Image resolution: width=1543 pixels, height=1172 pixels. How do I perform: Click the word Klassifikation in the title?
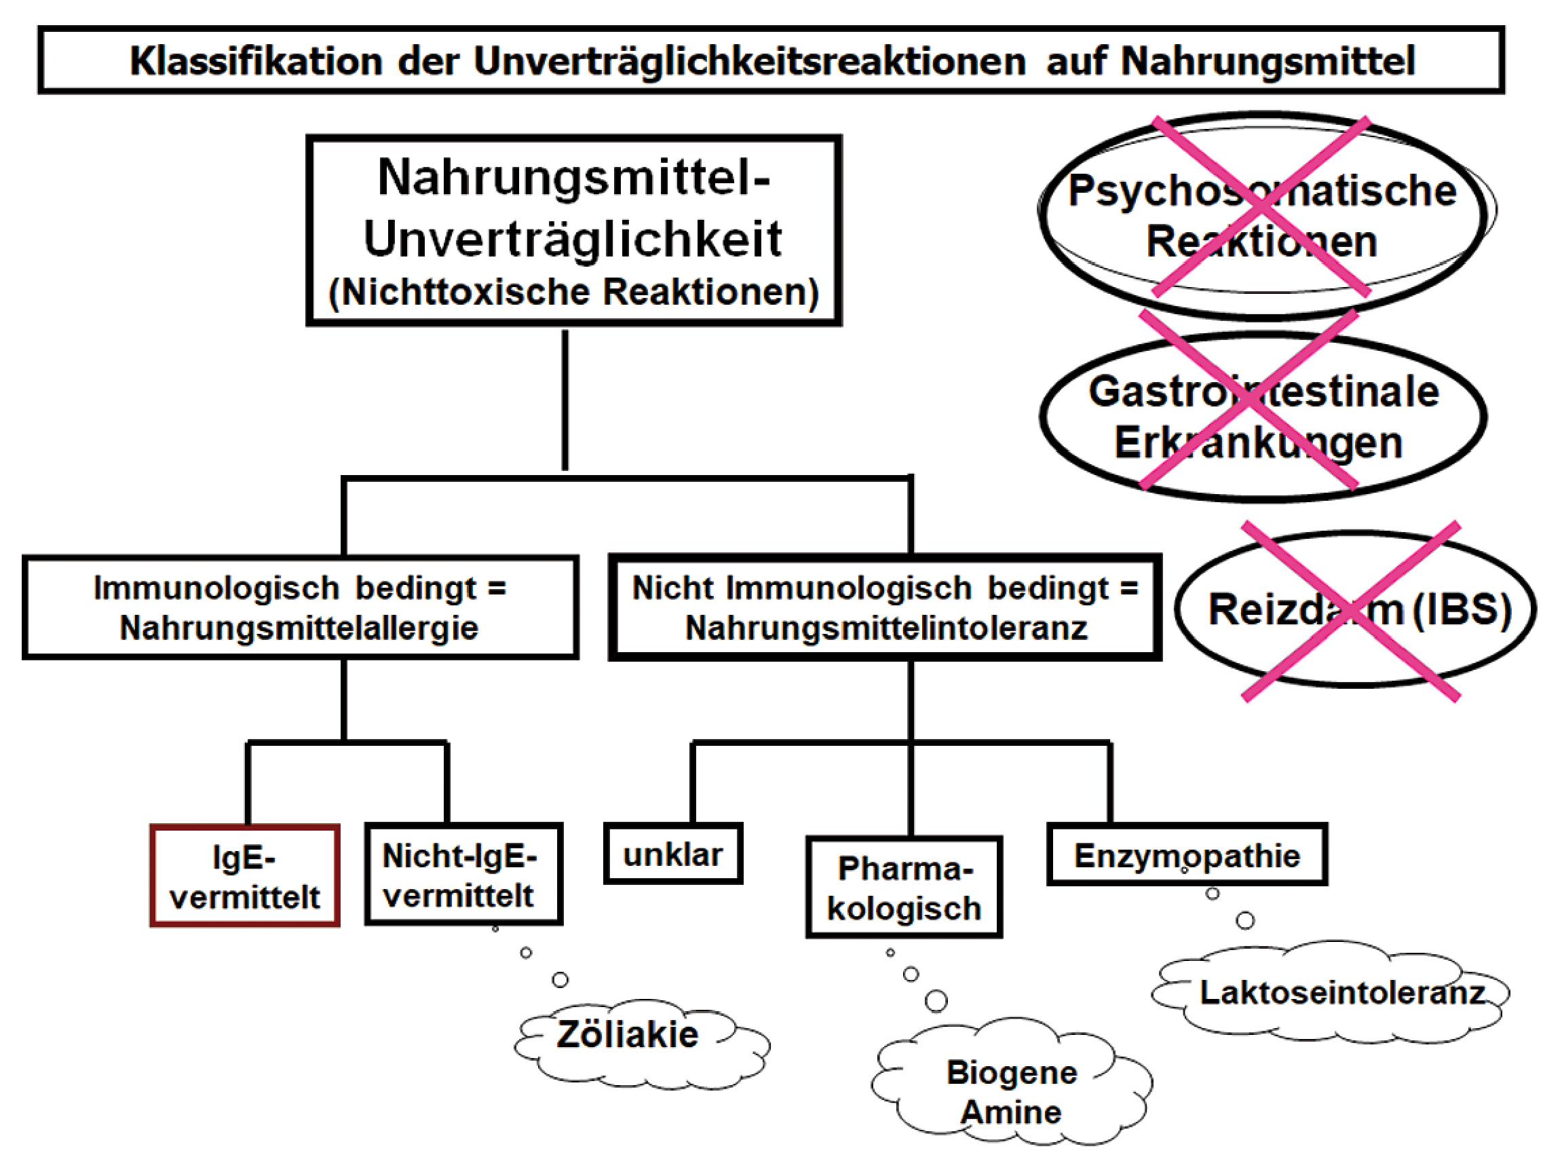[x=255, y=61]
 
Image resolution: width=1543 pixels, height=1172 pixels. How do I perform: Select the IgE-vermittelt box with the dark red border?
[x=245, y=876]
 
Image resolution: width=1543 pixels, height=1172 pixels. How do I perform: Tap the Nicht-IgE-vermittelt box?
[x=463, y=875]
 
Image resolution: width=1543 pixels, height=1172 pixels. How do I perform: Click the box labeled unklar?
[x=672, y=854]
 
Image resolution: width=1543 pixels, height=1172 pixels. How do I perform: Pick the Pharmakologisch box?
[x=904, y=888]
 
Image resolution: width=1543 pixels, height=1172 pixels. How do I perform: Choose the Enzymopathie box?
[x=1187, y=855]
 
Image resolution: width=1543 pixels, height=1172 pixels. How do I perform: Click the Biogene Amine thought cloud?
[x=1012, y=1092]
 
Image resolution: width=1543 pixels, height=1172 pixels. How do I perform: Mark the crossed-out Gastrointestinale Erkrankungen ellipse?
[x=1263, y=417]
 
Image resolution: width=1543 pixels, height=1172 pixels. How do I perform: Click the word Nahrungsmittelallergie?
[x=299, y=628]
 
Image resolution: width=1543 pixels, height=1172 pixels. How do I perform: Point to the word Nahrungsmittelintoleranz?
[x=886, y=628]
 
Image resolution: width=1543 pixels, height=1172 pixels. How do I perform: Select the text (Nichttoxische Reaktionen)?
[x=573, y=292]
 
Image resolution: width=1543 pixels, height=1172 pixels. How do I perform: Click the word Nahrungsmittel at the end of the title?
[x=1268, y=61]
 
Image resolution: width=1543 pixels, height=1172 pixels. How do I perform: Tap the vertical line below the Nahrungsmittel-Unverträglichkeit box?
[x=565, y=401]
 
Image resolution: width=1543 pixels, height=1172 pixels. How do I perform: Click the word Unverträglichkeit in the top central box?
[x=573, y=239]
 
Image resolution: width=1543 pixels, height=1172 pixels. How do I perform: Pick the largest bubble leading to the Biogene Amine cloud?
[x=936, y=1001]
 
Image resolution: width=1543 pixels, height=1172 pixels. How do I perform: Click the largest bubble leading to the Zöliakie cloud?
[x=560, y=979]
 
